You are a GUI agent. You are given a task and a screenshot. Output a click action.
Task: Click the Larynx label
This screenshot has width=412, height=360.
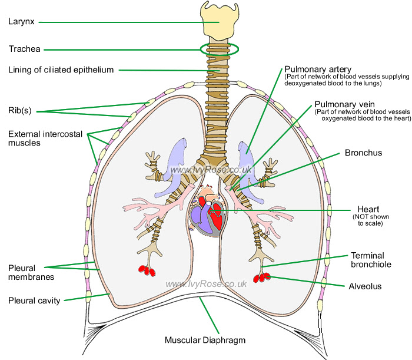coord(21,22)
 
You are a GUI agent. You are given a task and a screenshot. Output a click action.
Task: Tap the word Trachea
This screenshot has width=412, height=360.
coord(25,49)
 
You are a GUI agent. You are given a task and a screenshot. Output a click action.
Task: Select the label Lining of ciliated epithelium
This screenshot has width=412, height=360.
coord(61,70)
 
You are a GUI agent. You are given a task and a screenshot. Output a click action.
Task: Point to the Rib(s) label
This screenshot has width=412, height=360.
coord(19,110)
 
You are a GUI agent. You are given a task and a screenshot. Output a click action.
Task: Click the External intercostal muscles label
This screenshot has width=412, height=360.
coord(45,138)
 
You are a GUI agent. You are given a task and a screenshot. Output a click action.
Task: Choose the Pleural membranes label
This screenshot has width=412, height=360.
coord(31,272)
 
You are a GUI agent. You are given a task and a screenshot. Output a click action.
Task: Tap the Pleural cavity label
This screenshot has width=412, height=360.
coord(34,300)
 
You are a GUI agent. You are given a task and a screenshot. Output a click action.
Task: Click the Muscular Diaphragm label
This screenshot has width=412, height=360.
coord(205,340)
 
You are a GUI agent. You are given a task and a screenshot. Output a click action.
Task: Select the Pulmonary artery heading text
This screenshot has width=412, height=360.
coord(318,69)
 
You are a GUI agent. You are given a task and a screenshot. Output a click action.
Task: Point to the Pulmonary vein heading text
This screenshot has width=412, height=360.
coord(344,104)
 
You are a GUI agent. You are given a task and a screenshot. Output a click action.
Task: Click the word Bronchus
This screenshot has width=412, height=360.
coord(363,153)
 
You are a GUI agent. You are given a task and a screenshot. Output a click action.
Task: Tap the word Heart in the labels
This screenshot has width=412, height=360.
coord(368,209)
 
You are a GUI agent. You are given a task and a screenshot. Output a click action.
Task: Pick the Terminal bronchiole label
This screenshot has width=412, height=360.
coord(371,260)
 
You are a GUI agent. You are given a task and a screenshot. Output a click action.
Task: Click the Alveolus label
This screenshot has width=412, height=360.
coord(365,286)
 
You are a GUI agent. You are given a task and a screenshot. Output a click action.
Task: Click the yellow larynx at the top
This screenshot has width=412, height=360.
coord(220,19)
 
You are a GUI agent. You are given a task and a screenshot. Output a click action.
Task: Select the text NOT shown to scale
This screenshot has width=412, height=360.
coord(370,220)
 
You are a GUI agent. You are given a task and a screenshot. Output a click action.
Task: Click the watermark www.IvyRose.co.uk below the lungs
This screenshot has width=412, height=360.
coord(206,284)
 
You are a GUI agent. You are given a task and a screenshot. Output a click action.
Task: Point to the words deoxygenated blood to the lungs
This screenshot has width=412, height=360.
coord(333,83)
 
